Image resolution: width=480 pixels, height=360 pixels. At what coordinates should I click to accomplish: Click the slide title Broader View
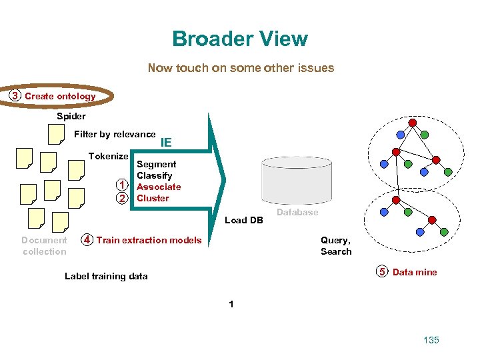pyautogui.click(x=240, y=39)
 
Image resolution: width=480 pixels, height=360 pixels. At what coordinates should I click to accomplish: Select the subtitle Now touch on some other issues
pyautogui.click(x=241, y=67)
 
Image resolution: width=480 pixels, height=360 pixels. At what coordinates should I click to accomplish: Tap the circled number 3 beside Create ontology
pyautogui.click(x=14, y=96)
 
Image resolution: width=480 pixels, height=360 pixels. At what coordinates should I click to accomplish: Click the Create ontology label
pyautogui.click(x=60, y=96)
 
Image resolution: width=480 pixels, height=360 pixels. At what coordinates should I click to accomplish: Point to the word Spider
pyautogui.click(x=71, y=116)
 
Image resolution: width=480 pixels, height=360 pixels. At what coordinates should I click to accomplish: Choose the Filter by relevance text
pyautogui.click(x=115, y=134)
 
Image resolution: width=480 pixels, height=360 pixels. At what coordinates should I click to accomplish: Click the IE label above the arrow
pyautogui.click(x=166, y=142)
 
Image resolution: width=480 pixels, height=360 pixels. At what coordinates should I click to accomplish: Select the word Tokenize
pyautogui.click(x=108, y=156)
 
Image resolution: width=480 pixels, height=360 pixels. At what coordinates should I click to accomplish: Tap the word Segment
pyautogui.click(x=156, y=164)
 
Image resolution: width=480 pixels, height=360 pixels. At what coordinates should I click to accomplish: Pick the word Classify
pyautogui.click(x=154, y=175)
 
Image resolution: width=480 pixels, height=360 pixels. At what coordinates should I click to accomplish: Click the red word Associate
pyautogui.click(x=159, y=187)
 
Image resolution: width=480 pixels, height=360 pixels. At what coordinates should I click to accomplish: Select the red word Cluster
pyautogui.click(x=153, y=198)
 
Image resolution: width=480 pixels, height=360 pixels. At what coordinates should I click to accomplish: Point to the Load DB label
pyautogui.click(x=244, y=220)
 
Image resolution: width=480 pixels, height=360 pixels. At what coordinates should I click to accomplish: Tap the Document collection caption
pyautogui.click(x=44, y=245)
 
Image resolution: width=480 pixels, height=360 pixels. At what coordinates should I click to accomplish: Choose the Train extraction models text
pyautogui.click(x=149, y=240)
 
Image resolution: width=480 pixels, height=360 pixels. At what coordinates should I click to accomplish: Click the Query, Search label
pyautogui.click(x=335, y=245)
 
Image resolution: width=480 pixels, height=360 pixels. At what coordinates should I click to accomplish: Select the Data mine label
pyautogui.click(x=415, y=272)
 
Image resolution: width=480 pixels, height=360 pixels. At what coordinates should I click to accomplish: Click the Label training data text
pyautogui.click(x=106, y=276)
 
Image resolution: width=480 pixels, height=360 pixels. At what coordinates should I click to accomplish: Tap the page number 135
pyautogui.click(x=431, y=340)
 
